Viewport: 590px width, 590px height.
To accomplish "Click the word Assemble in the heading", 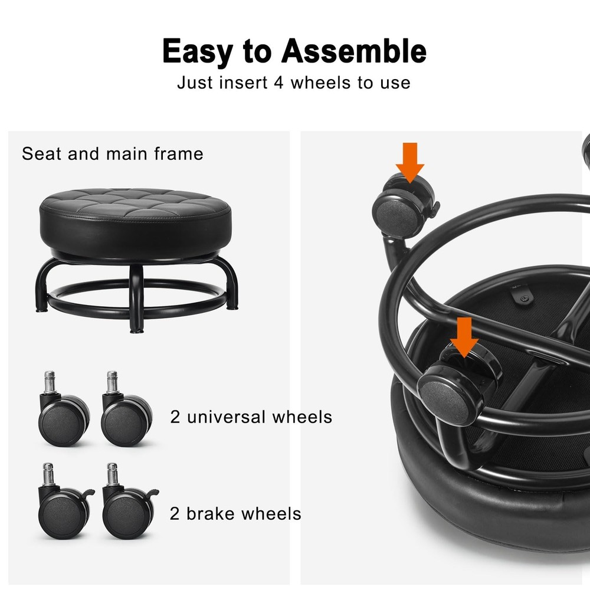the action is point(353,51).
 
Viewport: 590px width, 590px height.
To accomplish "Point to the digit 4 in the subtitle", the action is point(278,83).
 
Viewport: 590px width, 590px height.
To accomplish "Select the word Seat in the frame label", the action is point(41,153).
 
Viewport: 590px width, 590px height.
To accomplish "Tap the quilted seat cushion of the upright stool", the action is point(136,222).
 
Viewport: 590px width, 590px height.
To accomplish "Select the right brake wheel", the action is point(129,502).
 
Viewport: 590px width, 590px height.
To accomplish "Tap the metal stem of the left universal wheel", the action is point(50,382).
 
